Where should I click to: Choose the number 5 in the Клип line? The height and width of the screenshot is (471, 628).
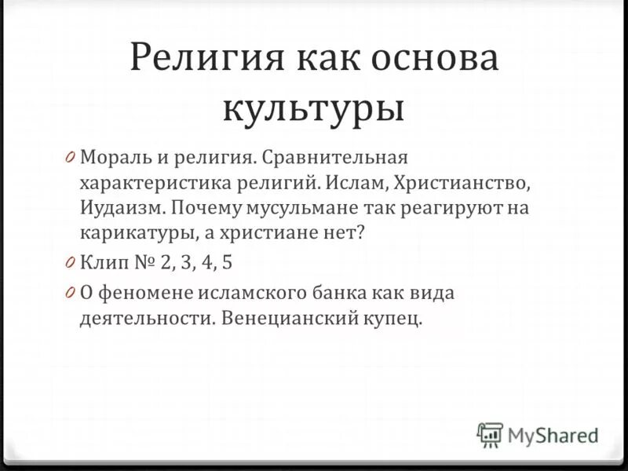tap(227, 261)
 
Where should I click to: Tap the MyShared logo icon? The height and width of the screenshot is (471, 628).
tap(490, 434)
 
